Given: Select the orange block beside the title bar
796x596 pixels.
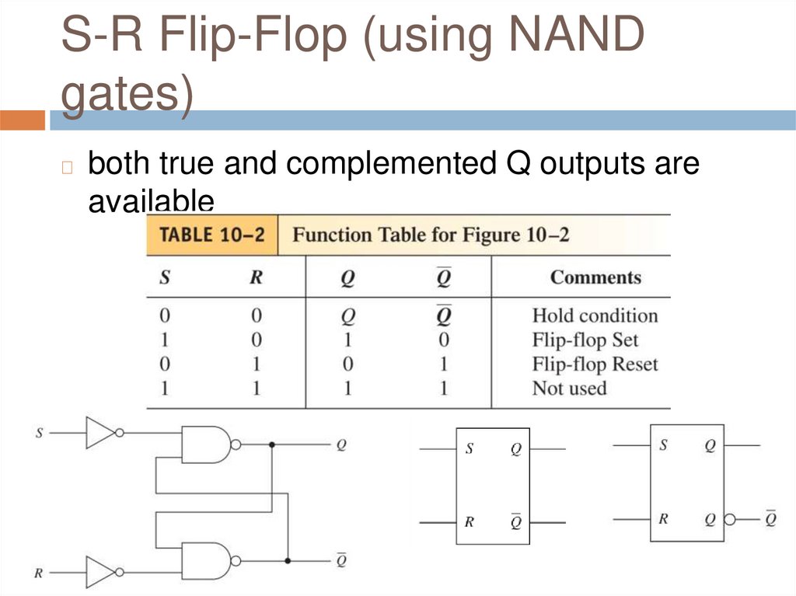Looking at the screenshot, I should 23,120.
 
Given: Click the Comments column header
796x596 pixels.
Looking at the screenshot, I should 595,277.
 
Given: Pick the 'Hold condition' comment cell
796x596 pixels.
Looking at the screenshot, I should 595,315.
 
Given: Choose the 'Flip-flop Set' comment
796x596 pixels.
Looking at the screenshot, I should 585,340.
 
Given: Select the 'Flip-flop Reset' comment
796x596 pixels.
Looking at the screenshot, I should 595,364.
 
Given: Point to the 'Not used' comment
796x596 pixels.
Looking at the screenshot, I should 568,388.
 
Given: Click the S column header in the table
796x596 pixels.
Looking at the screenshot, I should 165,277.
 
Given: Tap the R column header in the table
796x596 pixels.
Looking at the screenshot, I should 256,277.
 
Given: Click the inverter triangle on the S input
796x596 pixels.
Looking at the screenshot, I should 100,433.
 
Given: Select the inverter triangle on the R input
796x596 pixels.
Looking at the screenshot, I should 100,573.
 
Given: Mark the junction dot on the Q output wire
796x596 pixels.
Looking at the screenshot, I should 271,444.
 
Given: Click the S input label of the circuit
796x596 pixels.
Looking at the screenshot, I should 39,432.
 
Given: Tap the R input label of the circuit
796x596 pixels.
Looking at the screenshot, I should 38,574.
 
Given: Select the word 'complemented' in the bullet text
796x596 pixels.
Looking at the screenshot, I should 389,164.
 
